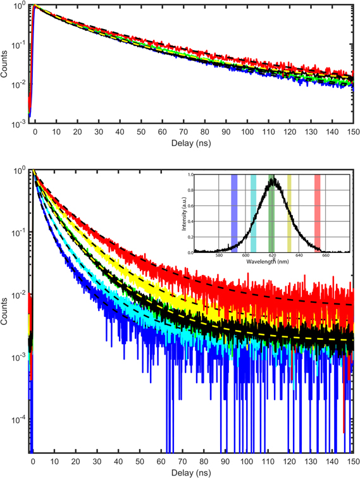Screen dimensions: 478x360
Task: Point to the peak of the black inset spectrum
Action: [x=273, y=178]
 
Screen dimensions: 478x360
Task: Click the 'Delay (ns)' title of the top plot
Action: [x=192, y=143]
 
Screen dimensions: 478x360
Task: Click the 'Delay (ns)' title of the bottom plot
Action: [x=192, y=472]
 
